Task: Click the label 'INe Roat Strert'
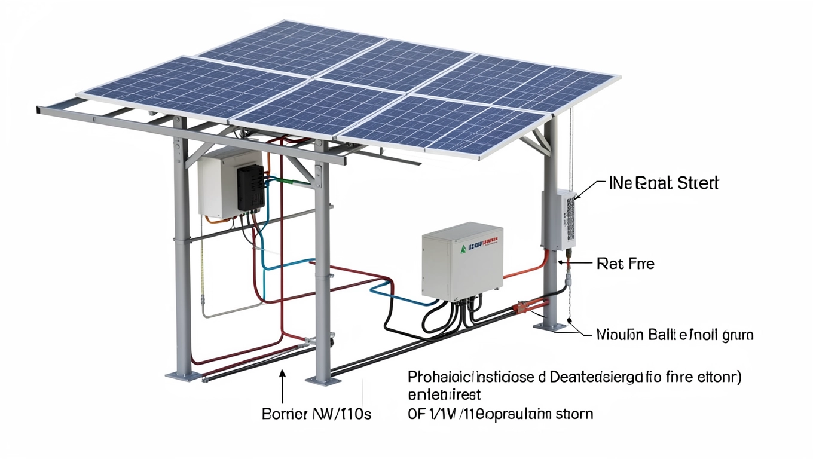[x=664, y=183]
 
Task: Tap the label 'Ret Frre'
[x=625, y=264]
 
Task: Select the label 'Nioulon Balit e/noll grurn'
[x=675, y=335]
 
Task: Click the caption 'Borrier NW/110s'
[x=316, y=414]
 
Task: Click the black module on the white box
[x=250, y=188]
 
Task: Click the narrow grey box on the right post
[x=558, y=219]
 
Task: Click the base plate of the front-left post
[x=180, y=375]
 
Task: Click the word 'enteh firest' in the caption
[x=444, y=395]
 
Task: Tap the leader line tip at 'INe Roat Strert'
[x=575, y=197]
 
